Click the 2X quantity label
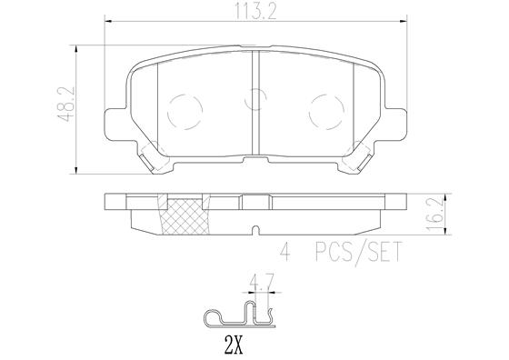pyautogui.click(x=235, y=345)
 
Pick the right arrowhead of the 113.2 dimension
pyautogui.click(x=402, y=25)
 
